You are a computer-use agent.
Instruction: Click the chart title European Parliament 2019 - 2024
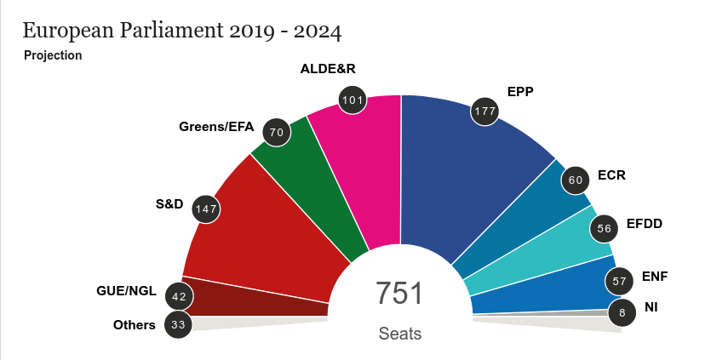[182, 32]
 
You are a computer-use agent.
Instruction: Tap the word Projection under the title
[53, 55]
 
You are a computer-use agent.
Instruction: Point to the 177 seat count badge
[485, 112]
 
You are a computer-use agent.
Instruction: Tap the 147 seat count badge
[206, 209]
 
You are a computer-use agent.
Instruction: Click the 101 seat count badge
[352, 100]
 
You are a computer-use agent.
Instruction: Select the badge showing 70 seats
[275, 133]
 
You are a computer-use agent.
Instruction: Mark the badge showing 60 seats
[576, 180]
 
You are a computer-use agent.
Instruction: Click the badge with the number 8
[622, 313]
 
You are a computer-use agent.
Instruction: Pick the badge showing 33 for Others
[179, 324]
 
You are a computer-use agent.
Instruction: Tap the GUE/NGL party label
[126, 291]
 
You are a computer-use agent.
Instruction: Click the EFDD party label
[644, 225]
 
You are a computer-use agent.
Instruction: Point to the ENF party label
[655, 277]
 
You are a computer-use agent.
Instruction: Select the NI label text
[651, 306]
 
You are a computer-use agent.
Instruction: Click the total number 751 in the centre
[399, 294]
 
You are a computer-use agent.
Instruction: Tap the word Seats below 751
[400, 334]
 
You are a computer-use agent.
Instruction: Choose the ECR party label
[611, 175]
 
